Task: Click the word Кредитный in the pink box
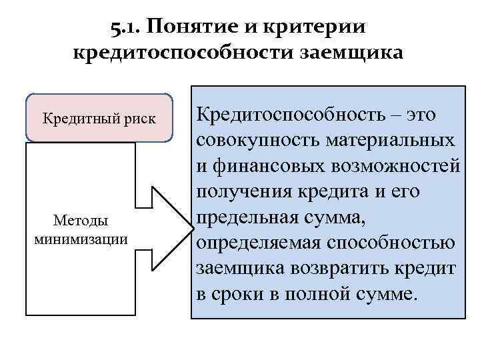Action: click(72, 119)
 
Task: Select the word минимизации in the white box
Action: click(80, 238)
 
